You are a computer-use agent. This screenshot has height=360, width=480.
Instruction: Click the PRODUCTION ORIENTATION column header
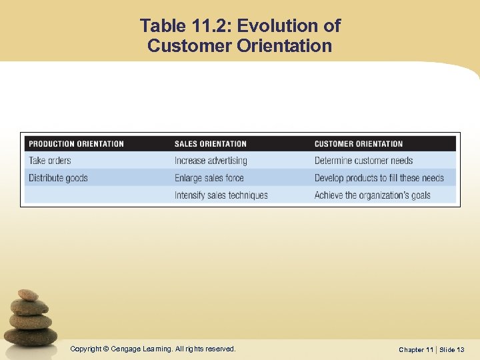pos(76,143)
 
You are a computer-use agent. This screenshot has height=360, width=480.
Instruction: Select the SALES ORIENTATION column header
pos(210,143)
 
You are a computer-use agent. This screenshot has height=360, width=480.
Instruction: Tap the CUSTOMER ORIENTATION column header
pos(359,143)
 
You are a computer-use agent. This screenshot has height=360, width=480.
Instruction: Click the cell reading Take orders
pos(49,161)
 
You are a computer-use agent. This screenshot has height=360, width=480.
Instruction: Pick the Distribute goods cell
pos(58,178)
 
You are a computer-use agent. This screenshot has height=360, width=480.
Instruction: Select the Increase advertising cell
pos(211,161)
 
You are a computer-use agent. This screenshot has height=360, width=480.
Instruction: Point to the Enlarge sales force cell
pos(209,178)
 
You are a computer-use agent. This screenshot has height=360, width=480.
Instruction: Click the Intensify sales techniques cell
pos(221,195)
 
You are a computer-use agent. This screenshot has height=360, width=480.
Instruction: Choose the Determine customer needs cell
pos(363,161)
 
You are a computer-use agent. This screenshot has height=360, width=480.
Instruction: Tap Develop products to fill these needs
pos(379,178)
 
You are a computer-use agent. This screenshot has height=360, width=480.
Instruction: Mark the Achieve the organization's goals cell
pos(372,195)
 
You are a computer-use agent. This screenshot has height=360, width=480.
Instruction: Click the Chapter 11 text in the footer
pos(416,349)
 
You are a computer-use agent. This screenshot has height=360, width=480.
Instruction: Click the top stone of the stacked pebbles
pos(28,295)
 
